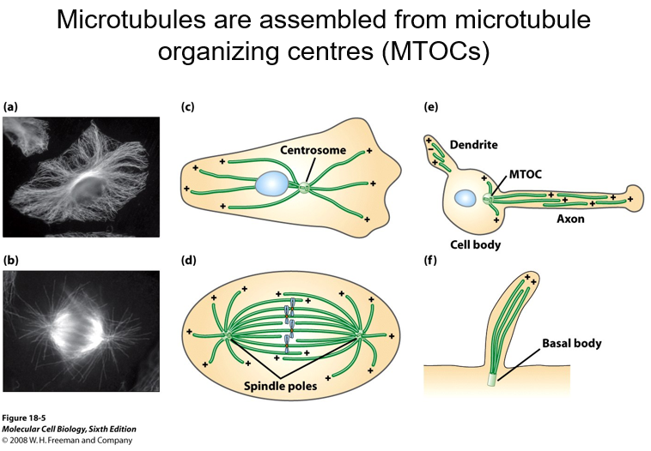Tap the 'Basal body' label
click(571, 344)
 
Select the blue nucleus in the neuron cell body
click(465, 198)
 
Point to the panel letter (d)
click(188, 258)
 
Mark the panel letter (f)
click(431, 258)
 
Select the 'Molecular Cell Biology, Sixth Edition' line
click(70, 430)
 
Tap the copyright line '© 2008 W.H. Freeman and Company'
click(67, 441)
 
